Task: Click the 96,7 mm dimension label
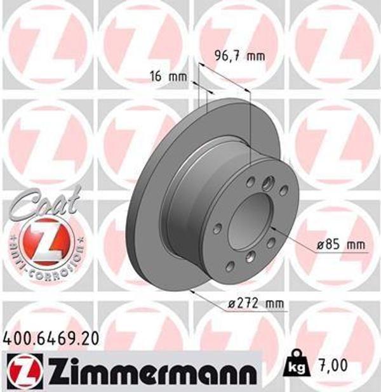pyautogui.click(x=237, y=56)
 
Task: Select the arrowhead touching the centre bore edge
pyautogui.click(x=272, y=226)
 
